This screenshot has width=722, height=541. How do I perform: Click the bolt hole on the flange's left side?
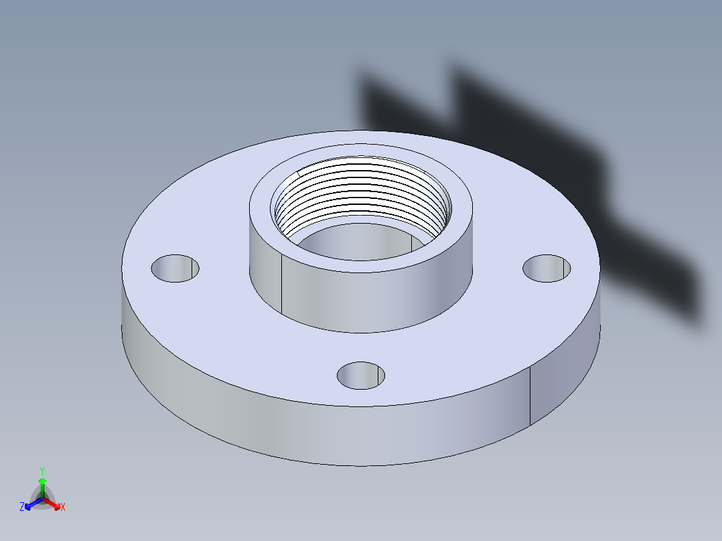coord(175,268)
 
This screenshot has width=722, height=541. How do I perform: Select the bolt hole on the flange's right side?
coord(547,268)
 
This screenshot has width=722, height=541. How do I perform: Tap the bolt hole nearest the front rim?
coord(361,376)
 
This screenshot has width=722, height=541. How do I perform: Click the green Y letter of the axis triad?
coord(42,471)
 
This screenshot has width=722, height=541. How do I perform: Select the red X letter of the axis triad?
coord(63,508)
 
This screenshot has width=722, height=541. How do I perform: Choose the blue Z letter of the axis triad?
coord(22,508)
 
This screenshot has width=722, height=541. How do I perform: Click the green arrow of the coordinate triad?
coord(42,485)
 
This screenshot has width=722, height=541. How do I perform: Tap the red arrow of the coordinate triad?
coord(53,503)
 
